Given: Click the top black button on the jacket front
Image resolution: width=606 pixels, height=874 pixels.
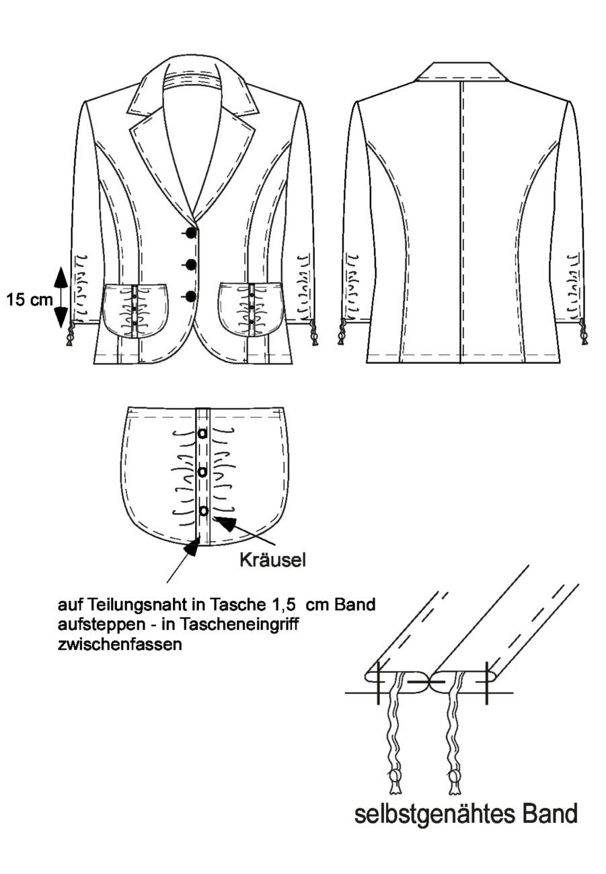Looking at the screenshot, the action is [190, 233].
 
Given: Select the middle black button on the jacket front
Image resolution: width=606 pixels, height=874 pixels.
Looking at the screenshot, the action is [190, 264].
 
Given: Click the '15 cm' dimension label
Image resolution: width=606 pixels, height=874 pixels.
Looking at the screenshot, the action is [30, 300].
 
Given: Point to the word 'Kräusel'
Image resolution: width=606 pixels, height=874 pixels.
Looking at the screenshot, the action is [272, 560].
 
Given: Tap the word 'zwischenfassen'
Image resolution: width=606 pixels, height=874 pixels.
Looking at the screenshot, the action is [120, 644].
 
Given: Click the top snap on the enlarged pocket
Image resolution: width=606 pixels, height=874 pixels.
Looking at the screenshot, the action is [202, 433].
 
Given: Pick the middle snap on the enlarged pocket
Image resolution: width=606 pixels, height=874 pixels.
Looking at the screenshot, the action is [202, 472].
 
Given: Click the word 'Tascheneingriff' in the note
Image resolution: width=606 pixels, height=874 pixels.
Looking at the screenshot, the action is [239, 625].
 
